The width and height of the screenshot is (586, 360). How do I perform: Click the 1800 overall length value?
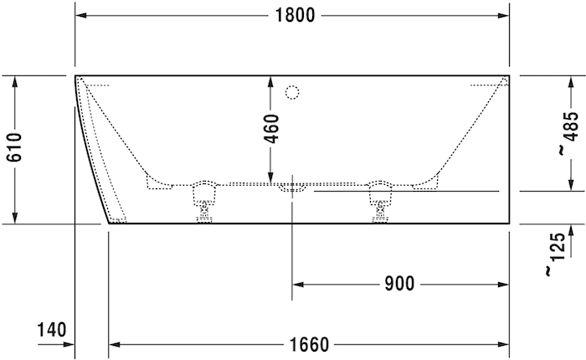[x=292, y=15]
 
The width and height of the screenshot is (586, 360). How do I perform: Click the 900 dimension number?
[x=399, y=284]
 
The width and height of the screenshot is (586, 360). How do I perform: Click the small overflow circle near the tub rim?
[x=292, y=91]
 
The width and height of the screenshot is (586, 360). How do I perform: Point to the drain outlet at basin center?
[x=291, y=188]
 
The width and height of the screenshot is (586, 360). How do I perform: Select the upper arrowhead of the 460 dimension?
[x=270, y=82]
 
